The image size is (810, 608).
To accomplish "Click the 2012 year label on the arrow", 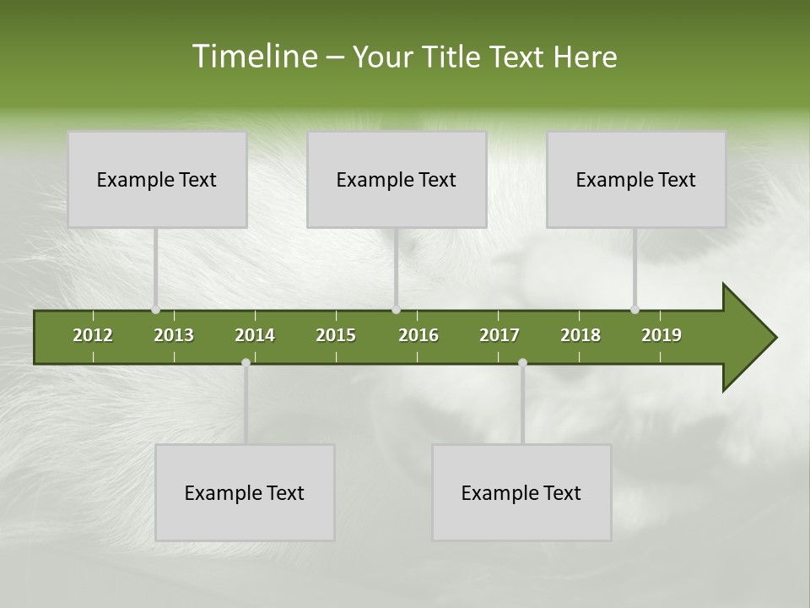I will tap(93, 335).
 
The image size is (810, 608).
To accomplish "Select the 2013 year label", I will tap(174, 335).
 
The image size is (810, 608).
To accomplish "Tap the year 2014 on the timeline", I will tap(255, 335).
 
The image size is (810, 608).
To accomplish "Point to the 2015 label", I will tap(336, 335).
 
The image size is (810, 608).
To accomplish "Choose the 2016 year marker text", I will tap(418, 335).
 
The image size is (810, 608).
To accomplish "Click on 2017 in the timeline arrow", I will tap(499, 335).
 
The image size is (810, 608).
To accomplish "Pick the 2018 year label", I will tap(580, 335).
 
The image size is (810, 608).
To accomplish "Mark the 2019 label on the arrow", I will tap(661, 335).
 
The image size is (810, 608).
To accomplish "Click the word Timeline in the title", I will tap(252, 57).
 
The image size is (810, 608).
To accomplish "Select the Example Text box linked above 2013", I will tap(157, 179).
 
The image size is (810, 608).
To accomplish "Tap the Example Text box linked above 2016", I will tap(397, 179).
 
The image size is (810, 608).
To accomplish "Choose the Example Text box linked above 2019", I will tap(636, 179).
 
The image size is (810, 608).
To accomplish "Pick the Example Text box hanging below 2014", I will tap(245, 492).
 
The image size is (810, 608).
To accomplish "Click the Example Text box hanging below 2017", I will tap(521, 492).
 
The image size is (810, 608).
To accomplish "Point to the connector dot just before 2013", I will tap(156, 310).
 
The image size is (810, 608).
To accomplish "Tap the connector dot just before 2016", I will tap(396, 310).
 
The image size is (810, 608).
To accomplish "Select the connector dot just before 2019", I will tap(634, 310).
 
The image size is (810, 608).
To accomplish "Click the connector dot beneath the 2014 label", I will tap(246, 363).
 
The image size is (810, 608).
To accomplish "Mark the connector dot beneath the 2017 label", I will tap(522, 363).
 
